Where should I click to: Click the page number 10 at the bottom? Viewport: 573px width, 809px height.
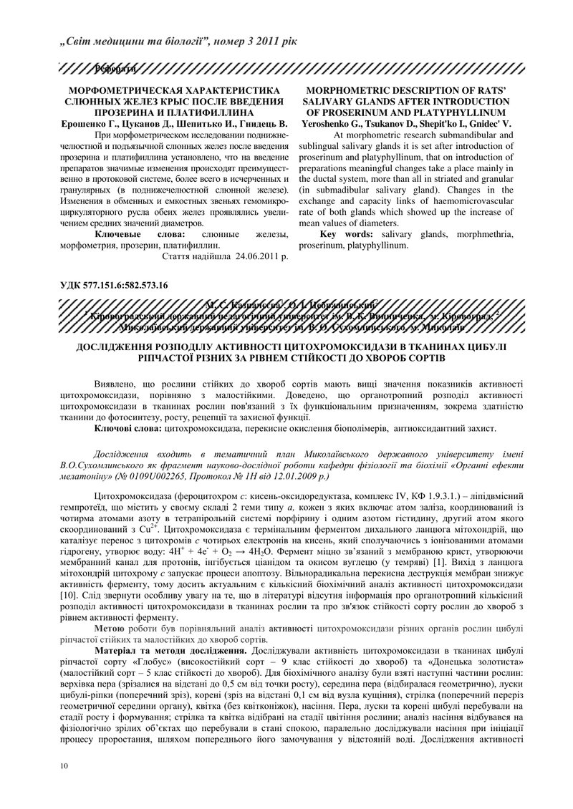pyautogui.click(x=64, y=767)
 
